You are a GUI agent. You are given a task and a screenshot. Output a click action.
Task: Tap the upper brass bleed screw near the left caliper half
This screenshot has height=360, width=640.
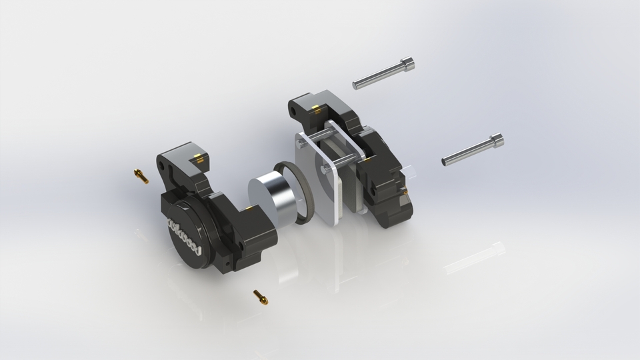point(141,176)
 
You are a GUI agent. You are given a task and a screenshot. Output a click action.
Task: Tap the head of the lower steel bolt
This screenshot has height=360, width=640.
point(497,141)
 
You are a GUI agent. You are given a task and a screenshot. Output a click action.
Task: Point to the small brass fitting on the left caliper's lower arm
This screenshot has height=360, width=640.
point(249,208)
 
